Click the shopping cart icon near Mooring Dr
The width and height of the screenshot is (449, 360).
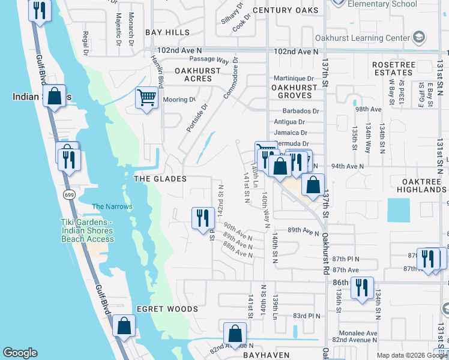[146, 97]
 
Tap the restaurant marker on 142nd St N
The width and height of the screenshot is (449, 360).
[203, 218]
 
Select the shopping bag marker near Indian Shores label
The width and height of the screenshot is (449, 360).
[54, 97]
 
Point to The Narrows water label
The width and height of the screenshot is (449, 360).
[112, 207]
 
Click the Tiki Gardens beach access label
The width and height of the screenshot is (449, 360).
[87, 231]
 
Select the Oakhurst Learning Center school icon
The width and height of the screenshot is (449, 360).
[419, 38]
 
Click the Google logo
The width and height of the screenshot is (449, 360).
[20, 353]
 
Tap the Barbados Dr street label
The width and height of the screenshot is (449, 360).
[300, 111]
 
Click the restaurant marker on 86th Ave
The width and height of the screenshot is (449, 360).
[362, 287]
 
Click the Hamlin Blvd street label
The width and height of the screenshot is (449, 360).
[158, 69]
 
